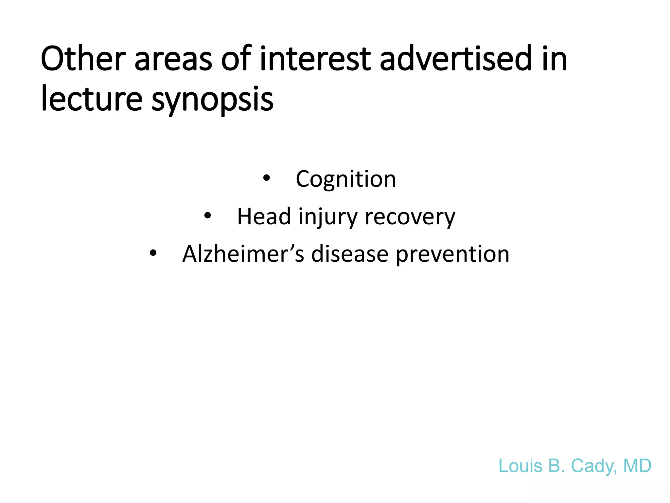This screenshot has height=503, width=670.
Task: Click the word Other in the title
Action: point(83,59)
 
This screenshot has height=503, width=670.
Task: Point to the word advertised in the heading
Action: point(455,59)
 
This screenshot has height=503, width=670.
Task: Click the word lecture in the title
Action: point(92,98)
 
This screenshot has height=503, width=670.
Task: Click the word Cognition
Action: point(346,179)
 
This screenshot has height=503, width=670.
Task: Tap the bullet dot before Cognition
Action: point(267,178)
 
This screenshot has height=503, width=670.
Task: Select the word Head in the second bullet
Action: point(264,216)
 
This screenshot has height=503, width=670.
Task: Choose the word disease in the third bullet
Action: point(349,254)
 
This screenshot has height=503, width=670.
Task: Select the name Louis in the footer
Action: point(520,466)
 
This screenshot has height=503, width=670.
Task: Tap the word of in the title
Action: point(236,59)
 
